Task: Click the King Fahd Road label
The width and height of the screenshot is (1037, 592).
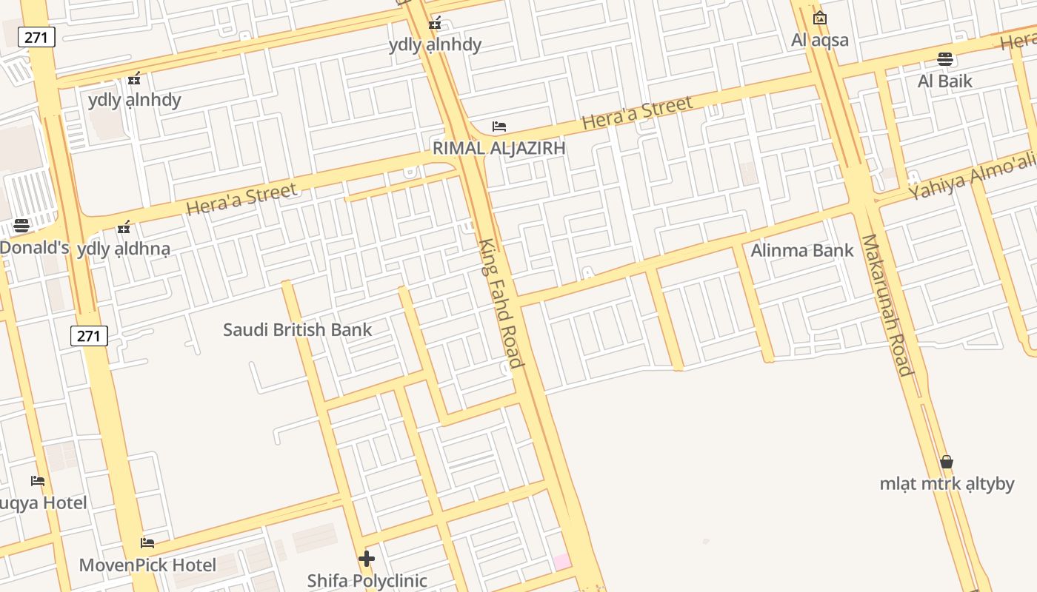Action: [501, 303]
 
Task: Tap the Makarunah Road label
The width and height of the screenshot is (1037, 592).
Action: [886, 305]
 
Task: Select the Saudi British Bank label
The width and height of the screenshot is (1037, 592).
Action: [297, 329]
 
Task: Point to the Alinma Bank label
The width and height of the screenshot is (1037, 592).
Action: [802, 250]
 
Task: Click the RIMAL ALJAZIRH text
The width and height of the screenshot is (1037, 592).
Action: [499, 148]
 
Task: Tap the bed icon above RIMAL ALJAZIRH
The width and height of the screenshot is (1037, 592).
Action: [499, 127]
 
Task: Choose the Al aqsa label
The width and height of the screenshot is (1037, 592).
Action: [819, 40]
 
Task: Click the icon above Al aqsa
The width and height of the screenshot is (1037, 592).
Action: [820, 18]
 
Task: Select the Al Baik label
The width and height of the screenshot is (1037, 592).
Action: [944, 81]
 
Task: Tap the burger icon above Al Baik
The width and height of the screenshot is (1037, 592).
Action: [944, 59]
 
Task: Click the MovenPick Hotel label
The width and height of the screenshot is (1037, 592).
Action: [147, 565]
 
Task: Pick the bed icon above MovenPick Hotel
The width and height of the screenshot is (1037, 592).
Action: [147, 543]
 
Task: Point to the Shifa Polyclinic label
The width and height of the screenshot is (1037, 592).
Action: [367, 581]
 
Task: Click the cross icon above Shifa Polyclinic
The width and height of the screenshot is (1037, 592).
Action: [367, 559]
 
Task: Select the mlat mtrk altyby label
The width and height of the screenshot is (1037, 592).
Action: [947, 484]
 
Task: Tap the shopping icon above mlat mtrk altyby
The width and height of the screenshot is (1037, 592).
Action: [947, 462]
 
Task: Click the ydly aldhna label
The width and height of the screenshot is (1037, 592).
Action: [124, 249]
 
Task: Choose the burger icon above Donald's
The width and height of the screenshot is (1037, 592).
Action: [21, 226]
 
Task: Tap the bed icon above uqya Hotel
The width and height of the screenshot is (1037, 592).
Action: [38, 481]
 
